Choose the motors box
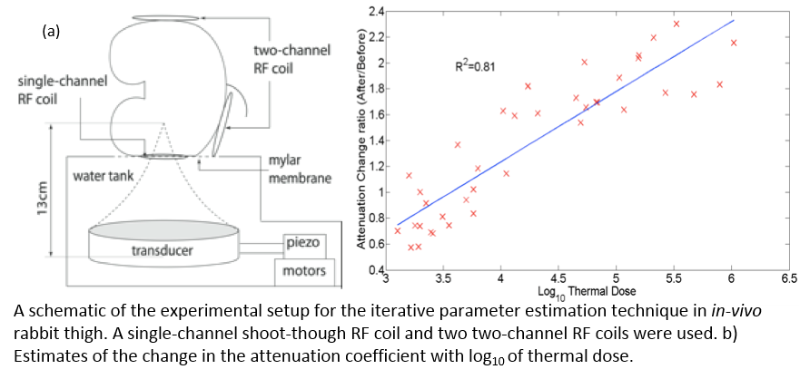306,271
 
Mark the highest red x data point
676,24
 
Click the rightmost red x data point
734,43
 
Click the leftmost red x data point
397,230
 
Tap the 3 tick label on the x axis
386,278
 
